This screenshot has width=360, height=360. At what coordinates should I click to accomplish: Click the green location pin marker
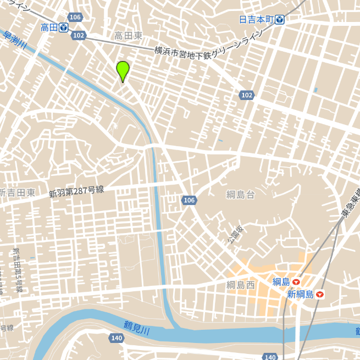(123, 70)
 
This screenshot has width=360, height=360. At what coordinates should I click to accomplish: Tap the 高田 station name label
(49, 27)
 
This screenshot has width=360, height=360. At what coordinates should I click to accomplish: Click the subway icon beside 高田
(64, 27)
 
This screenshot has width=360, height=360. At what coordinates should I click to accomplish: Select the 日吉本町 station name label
(256, 19)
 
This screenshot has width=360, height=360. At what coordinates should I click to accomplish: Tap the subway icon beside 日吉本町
(280, 19)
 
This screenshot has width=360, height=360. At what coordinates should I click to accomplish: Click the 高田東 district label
(128, 36)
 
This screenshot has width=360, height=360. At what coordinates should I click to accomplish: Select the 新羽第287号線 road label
(76, 192)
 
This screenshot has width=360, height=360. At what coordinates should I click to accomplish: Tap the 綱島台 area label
(241, 194)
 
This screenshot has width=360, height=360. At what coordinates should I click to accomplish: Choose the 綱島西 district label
(241, 285)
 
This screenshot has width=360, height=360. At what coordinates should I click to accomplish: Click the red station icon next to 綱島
(296, 282)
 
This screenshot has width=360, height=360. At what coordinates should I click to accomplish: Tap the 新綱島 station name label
(300, 295)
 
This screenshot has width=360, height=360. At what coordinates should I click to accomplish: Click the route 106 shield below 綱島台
(189, 201)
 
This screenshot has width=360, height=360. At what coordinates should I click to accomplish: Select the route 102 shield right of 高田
(79, 35)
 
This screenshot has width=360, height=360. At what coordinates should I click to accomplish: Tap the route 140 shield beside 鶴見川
(116, 338)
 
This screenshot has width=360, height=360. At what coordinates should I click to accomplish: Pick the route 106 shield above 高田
(75, 17)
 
